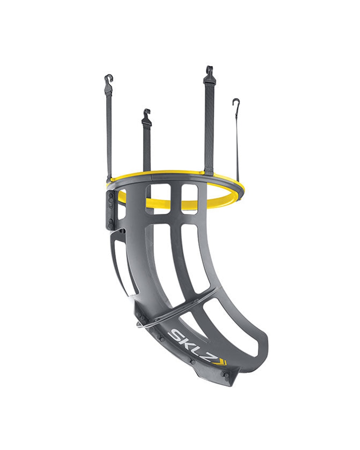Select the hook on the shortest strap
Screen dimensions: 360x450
coord(147,117)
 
